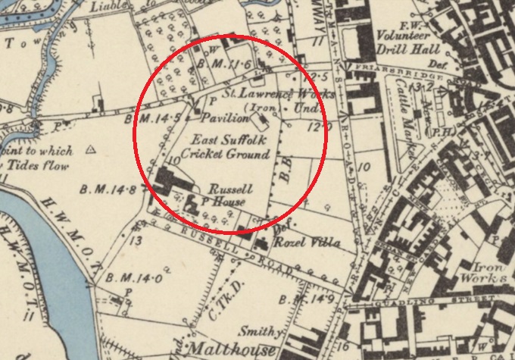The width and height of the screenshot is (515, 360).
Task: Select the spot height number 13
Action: pyautogui.click(x=136, y=241)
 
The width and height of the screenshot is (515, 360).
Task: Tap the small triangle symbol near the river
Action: pyautogui.click(x=92, y=150)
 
